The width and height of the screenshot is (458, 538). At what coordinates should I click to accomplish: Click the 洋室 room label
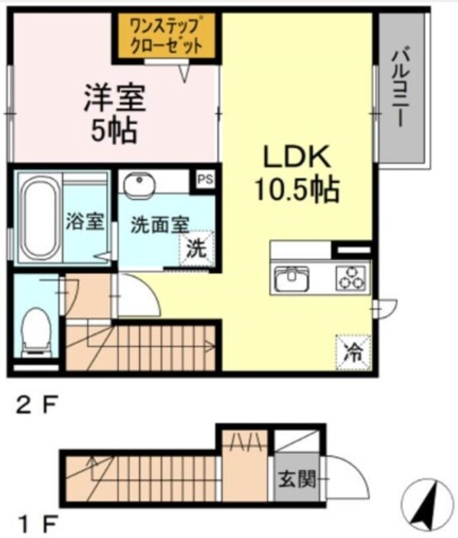[114, 98]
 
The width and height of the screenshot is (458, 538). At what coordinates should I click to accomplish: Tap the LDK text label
[296, 157]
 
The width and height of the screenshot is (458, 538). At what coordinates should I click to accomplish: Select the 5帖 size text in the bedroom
[114, 131]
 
